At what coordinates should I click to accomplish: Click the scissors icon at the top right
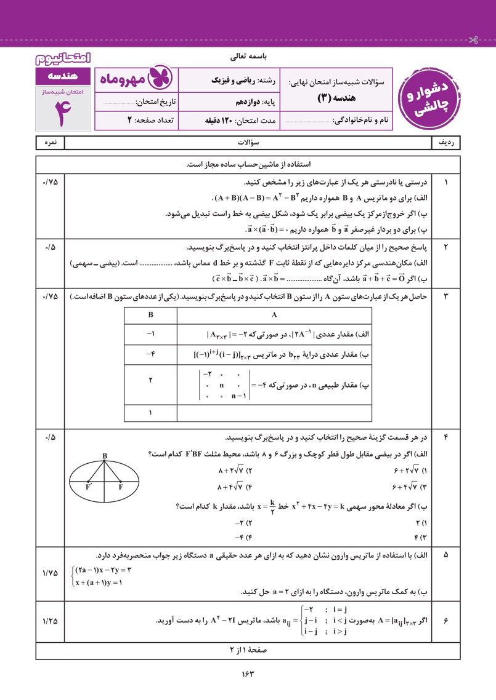coord(473,41)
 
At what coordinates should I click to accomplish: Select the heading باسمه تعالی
coord(247,57)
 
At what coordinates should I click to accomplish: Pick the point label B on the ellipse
coord(105,456)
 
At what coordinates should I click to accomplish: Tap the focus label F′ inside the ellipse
coord(89,487)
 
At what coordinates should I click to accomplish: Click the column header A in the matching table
coord(274,314)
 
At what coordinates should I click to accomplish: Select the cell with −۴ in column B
coord(150,354)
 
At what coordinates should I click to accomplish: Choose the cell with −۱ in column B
coord(150,334)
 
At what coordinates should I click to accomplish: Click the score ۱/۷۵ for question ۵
coord(50,573)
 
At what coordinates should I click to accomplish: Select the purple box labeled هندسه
coord(62,76)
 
